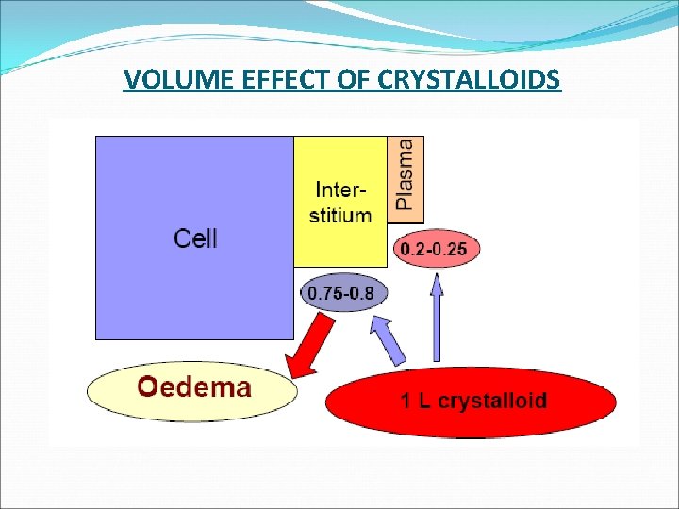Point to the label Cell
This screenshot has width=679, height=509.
(x=195, y=238)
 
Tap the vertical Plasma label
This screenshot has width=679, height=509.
(x=405, y=174)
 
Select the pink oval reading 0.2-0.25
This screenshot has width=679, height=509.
(x=439, y=250)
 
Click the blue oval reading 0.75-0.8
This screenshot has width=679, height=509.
(x=340, y=294)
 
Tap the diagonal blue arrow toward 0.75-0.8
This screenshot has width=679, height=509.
(x=389, y=340)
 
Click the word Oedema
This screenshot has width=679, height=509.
(x=194, y=386)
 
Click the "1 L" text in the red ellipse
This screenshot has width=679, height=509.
(x=418, y=401)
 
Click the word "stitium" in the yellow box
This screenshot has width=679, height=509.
(x=340, y=215)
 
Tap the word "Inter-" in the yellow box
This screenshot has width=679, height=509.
(x=341, y=188)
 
